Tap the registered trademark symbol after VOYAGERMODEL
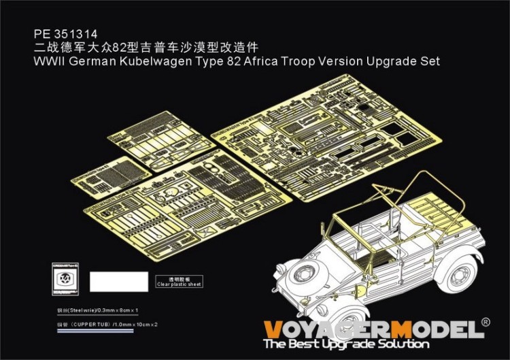pyautogui.click(x=485, y=322)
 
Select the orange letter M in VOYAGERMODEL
pyautogui.click(x=403, y=329)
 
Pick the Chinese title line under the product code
pyautogui.click(x=147, y=48)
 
